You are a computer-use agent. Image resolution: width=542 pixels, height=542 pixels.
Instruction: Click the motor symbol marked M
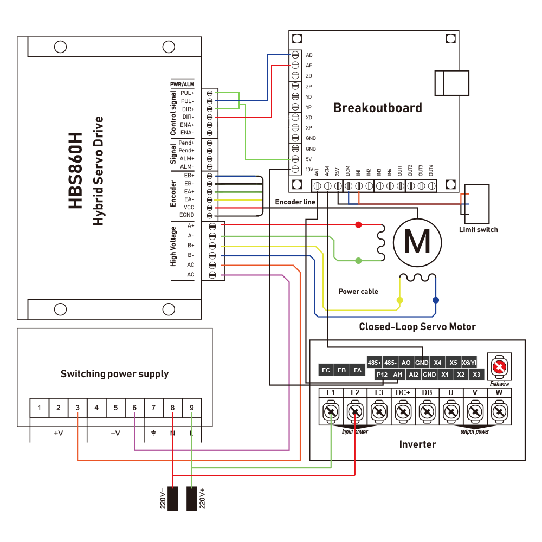[417, 242]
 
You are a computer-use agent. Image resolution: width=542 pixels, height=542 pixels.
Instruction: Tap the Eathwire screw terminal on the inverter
[499, 367]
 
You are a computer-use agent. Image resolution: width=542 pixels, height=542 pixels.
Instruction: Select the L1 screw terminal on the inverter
[331, 411]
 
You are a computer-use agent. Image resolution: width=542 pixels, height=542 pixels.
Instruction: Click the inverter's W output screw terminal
[499, 411]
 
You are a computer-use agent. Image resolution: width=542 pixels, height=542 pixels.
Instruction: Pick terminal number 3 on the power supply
[78, 408]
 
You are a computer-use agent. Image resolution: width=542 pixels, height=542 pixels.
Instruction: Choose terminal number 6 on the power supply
[134, 408]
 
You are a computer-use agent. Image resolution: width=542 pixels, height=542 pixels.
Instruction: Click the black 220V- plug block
[172, 498]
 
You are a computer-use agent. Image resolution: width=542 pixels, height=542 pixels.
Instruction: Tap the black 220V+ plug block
[191, 498]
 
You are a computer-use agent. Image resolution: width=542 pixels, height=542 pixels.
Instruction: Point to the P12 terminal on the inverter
[382, 375]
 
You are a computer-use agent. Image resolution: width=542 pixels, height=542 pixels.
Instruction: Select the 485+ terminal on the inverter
[375, 363]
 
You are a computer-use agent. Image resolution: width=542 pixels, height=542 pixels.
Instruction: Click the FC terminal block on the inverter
[326, 370]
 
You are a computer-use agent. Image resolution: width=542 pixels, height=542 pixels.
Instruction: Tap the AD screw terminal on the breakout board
[295, 55]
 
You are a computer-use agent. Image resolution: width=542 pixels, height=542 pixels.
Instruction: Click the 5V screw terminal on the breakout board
[295, 159]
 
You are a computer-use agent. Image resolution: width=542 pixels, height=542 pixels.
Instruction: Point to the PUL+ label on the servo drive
[188, 93]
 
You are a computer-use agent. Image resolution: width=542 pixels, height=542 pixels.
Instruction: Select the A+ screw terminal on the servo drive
[212, 226]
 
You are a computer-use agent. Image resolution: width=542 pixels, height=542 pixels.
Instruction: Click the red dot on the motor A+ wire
[358, 225]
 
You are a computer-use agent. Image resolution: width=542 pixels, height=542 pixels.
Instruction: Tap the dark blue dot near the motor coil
[436, 300]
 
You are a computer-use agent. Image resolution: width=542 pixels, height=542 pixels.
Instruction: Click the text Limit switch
[479, 229]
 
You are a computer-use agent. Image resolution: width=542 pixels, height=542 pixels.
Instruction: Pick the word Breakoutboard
[377, 108]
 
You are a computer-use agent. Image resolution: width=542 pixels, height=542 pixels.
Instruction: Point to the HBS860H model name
[76, 170]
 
